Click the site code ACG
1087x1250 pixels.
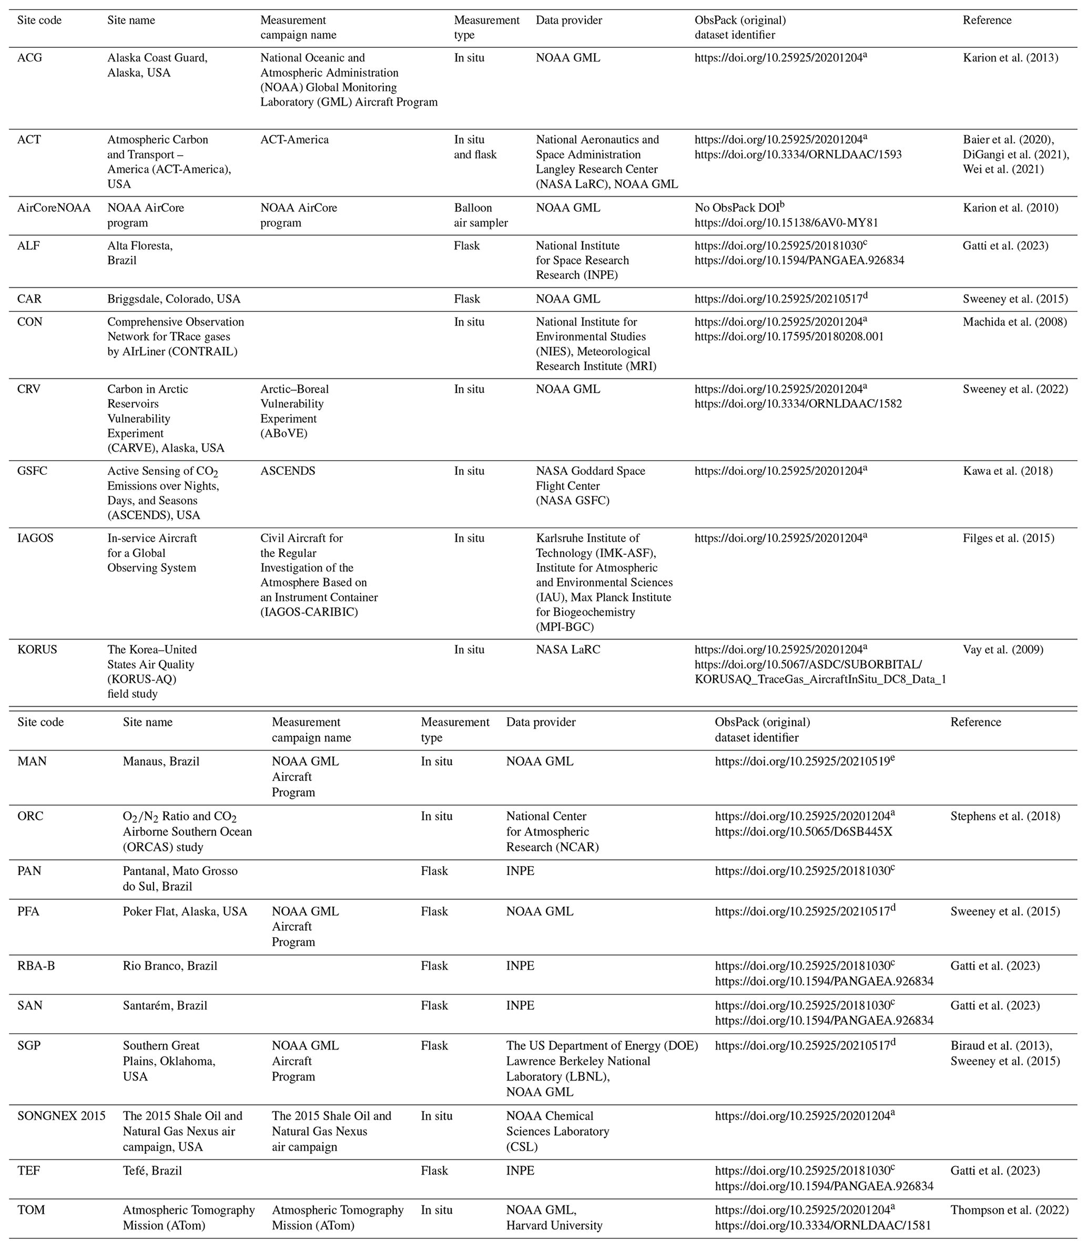pyautogui.click(x=30, y=58)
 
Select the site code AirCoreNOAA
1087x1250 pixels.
pyautogui.click(x=54, y=208)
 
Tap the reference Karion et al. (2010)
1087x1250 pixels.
pyautogui.click(x=1010, y=208)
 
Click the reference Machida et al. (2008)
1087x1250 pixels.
pyautogui.click(x=1015, y=322)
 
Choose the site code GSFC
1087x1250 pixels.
pyautogui.click(x=32, y=471)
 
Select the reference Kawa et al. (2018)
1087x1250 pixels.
pyautogui.click(x=1008, y=471)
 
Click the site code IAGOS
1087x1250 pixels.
pyautogui.click(x=35, y=538)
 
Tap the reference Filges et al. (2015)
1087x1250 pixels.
pyautogui.click(x=1008, y=538)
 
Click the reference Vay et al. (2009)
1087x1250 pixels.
pyautogui.click(x=1003, y=650)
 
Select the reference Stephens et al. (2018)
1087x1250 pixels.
pyautogui.click(x=1005, y=816)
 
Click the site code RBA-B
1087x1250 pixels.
pyautogui.click(x=36, y=966)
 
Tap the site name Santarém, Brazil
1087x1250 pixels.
pyautogui.click(x=165, y=1005)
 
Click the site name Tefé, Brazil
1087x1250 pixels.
pyautogui.click(x=153, y=1171)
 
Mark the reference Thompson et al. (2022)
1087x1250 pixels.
pyautogui.click(x=1009, y=1211)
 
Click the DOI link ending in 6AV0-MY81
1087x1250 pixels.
pyautogui.click(x=786, y=223)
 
